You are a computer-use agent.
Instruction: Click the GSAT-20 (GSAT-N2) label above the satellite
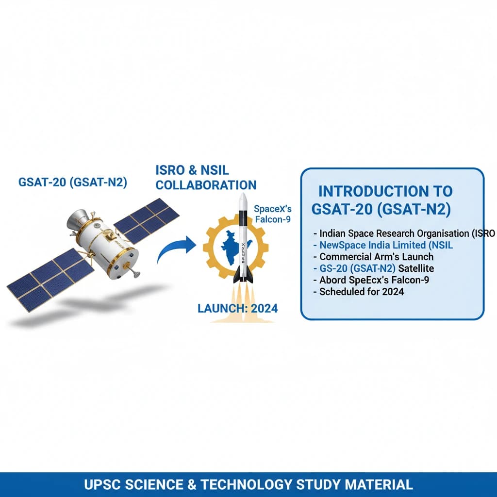click(72, 182)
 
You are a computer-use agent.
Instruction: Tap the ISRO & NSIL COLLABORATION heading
click(206, 177)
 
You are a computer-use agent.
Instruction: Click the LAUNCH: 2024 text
click(238, 308)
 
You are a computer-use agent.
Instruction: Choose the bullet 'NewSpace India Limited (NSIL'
click(386, 245)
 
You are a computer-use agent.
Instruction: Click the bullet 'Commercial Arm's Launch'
click(376, 257)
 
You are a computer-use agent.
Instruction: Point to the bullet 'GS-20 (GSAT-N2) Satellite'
click(377, 268)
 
